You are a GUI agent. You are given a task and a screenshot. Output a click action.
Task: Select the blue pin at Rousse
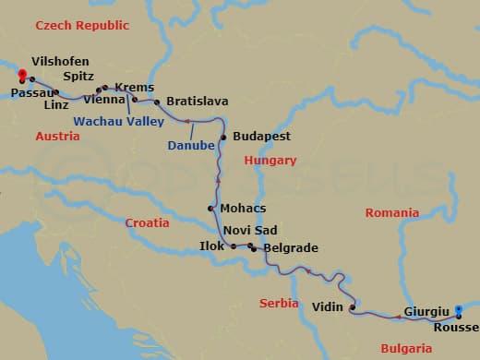pyautogui.click(x=459, y=311)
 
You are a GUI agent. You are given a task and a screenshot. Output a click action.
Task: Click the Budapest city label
pyautogui.click(x=262, y=137)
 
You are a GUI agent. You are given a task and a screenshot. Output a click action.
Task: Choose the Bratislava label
pyautogui.click(x=197, y=102)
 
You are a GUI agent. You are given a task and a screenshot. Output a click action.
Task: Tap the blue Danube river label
pyautogui.click(x=191, y=145)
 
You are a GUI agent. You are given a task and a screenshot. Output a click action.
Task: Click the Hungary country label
pyautogui.click(x=270, y=161)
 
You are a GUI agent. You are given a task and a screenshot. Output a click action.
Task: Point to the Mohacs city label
pyautogui.click(x=243, y=209)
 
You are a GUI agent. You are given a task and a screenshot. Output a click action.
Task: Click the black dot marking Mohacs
pyautogui.click(x=211, y=209)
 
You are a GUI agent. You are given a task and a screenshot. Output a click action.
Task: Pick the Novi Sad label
pyautogui.click(x=250, y=231)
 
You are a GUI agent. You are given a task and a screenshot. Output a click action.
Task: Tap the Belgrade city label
pyautogui.click(x=291, y=248)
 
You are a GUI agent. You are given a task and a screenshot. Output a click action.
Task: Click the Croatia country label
pyautogui.click(x=148, y=222)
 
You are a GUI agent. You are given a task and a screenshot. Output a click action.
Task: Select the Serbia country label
pyautogui.click(x=279, y=303)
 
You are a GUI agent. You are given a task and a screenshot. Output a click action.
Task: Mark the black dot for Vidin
pyautogui.click(x=353, y=307)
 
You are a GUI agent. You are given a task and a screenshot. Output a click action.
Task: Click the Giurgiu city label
pyautogui.click(x=426, y=312)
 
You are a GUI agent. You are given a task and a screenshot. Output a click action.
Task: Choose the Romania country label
pyautogui.click(x=392, y=212)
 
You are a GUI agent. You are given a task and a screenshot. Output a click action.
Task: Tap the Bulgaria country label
pyautogui.click(x=405, y=349)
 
